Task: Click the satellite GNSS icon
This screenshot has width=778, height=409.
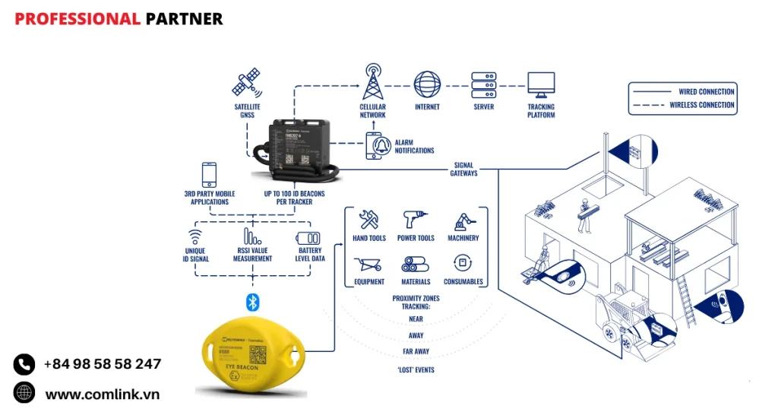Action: (x=248, y=84)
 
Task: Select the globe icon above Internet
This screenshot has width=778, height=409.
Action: (x=427, y=84)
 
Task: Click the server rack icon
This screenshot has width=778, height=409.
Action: (x=483, y=84)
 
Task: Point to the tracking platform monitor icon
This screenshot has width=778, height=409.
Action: (x=541, y=84)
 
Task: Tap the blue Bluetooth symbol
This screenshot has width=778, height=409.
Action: (x=253, y=302)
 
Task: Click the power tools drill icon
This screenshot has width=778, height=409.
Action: (x=415, y=220)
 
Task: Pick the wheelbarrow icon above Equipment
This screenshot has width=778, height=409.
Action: (x=368, y=265)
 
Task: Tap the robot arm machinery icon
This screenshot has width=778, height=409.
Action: (x=463, y=220)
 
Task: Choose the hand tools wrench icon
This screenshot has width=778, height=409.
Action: (x=369, y=220)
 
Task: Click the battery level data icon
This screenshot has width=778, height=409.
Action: (x=308, y=237)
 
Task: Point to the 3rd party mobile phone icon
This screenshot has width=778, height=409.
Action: (x=209, y=174)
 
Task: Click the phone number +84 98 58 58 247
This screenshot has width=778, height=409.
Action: (x=103, y=364)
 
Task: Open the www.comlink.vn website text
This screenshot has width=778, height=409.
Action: (x=103, y=394)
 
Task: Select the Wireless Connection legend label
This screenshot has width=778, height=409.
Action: (x=701, y=105)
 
